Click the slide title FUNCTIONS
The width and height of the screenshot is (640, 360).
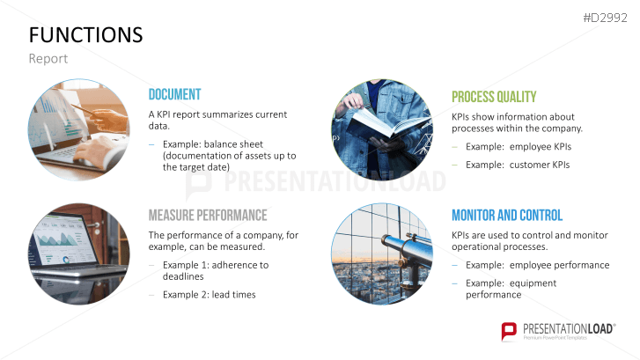coord(85,34)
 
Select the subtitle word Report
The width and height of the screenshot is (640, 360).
coord(48,59)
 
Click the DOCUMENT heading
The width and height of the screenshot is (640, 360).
coord(174,95)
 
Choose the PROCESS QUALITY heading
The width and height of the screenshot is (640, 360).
coord(494,97)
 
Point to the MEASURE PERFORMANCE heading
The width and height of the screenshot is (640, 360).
coord(207,215)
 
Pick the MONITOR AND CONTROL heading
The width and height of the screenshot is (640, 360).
coord(507,215)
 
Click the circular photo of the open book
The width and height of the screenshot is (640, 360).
coord(382,131)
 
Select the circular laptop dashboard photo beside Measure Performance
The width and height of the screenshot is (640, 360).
coord(79,253)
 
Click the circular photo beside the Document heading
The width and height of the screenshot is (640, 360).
coord(79,131)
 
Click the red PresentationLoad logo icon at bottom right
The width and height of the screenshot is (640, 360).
coord(509,331)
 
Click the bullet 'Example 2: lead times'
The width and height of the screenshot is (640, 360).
coord(209,294)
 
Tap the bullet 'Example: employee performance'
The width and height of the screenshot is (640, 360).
coord(537,265)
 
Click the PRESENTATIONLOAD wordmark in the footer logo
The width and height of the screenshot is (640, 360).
coord(569,327)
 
